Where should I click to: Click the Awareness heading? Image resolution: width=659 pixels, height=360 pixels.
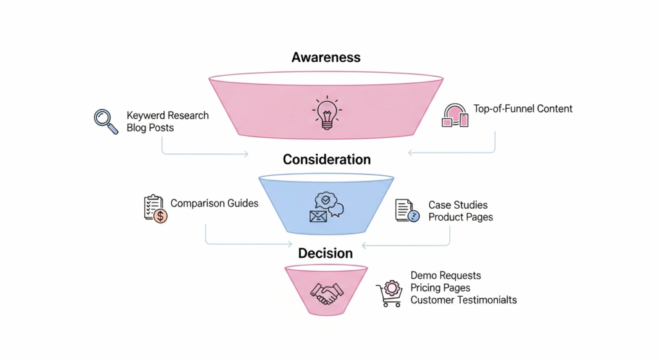click(x=326, y=57)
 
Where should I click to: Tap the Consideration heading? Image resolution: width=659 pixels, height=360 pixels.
click(x=326, y=159)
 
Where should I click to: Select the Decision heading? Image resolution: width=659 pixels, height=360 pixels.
click(x=326, y=253)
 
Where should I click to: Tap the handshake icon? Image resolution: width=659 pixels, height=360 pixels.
click(x=326, y=293)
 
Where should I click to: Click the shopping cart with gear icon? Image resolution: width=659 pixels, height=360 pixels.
click(x=389, y=293)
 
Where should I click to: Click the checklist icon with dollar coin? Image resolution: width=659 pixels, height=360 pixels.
click(x=155, y=209)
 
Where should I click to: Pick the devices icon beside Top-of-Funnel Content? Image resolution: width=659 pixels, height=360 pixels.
click(x=455, y=114)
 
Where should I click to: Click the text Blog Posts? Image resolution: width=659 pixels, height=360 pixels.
click(x=150, y=128)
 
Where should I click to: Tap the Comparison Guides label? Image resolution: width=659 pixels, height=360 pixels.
click(x=214, y=204)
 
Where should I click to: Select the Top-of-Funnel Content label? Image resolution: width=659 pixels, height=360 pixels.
click(x=523, y=109)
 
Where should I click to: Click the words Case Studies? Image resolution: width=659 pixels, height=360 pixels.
click(x=458, y=205)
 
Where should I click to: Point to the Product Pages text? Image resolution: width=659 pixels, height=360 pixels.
click(x=461, y=217)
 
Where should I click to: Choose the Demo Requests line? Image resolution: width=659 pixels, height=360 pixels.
click(x=445, y=276)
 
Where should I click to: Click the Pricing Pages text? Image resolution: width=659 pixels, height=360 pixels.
click(x=440, y=288)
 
